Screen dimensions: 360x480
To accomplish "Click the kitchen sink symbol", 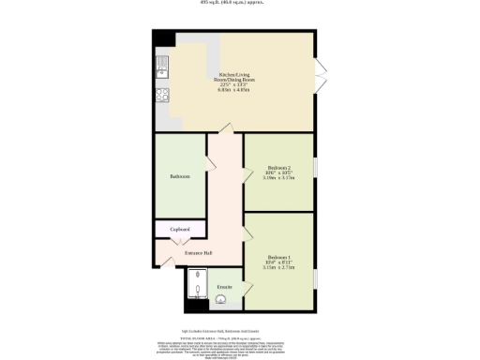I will pyautogui.click(x=161, y=65).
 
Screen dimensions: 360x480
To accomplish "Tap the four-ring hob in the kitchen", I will pyautogui.click(x=161, y=94).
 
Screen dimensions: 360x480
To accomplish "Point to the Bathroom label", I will pyautogui.click(x=180, y=176).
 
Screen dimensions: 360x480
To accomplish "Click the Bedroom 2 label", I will pyautogui.click(x=278, y=172).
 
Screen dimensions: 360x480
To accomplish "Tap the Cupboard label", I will pyautogui.click(x=180, y=230).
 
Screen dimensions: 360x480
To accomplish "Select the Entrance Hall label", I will pyautogui.click(x=197, y=253).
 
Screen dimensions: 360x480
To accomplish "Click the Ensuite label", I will pyautogui.click(x=225, y=285).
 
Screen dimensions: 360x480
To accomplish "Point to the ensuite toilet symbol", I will pyautogui.click(x=220, y=300).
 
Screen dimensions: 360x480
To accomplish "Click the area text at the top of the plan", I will pyautogui.click(x=240, y=4).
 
